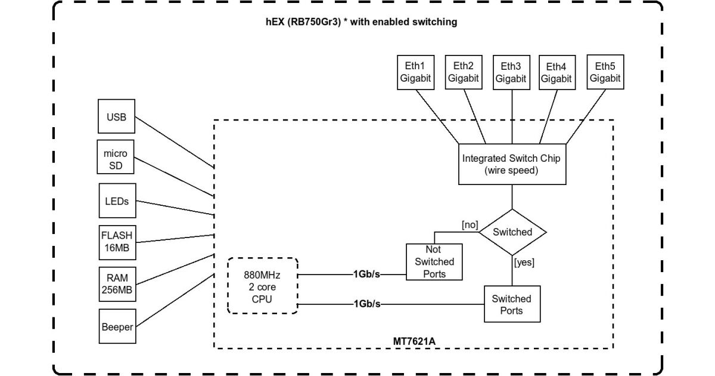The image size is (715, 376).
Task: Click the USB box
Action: (116, 116)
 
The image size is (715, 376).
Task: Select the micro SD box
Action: (116, 159)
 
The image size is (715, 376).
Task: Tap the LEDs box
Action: (116, 201)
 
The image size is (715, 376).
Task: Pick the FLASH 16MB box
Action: (116, 242)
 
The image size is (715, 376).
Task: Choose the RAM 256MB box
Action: (116, 284)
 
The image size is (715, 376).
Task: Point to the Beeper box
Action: (116, 326)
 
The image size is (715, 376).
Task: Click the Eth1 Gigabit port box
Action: (415, 72)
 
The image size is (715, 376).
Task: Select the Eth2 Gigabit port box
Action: (463, 72)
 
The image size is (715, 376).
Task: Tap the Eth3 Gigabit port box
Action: (511, 72)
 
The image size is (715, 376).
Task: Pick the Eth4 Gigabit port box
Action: (557, 72)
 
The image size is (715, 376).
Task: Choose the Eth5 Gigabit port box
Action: (605, 72)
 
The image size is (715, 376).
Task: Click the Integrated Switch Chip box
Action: (512, 164)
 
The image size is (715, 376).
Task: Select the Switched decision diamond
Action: (512, 232)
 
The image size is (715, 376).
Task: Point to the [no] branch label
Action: (470, 224)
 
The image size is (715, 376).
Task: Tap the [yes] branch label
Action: (524, 261)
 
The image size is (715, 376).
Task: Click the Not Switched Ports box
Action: (434, 261)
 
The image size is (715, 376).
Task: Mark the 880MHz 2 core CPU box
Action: (262, 286)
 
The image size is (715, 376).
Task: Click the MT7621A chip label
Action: (414, 341)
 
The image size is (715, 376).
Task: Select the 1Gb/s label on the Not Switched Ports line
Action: (367, 274)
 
